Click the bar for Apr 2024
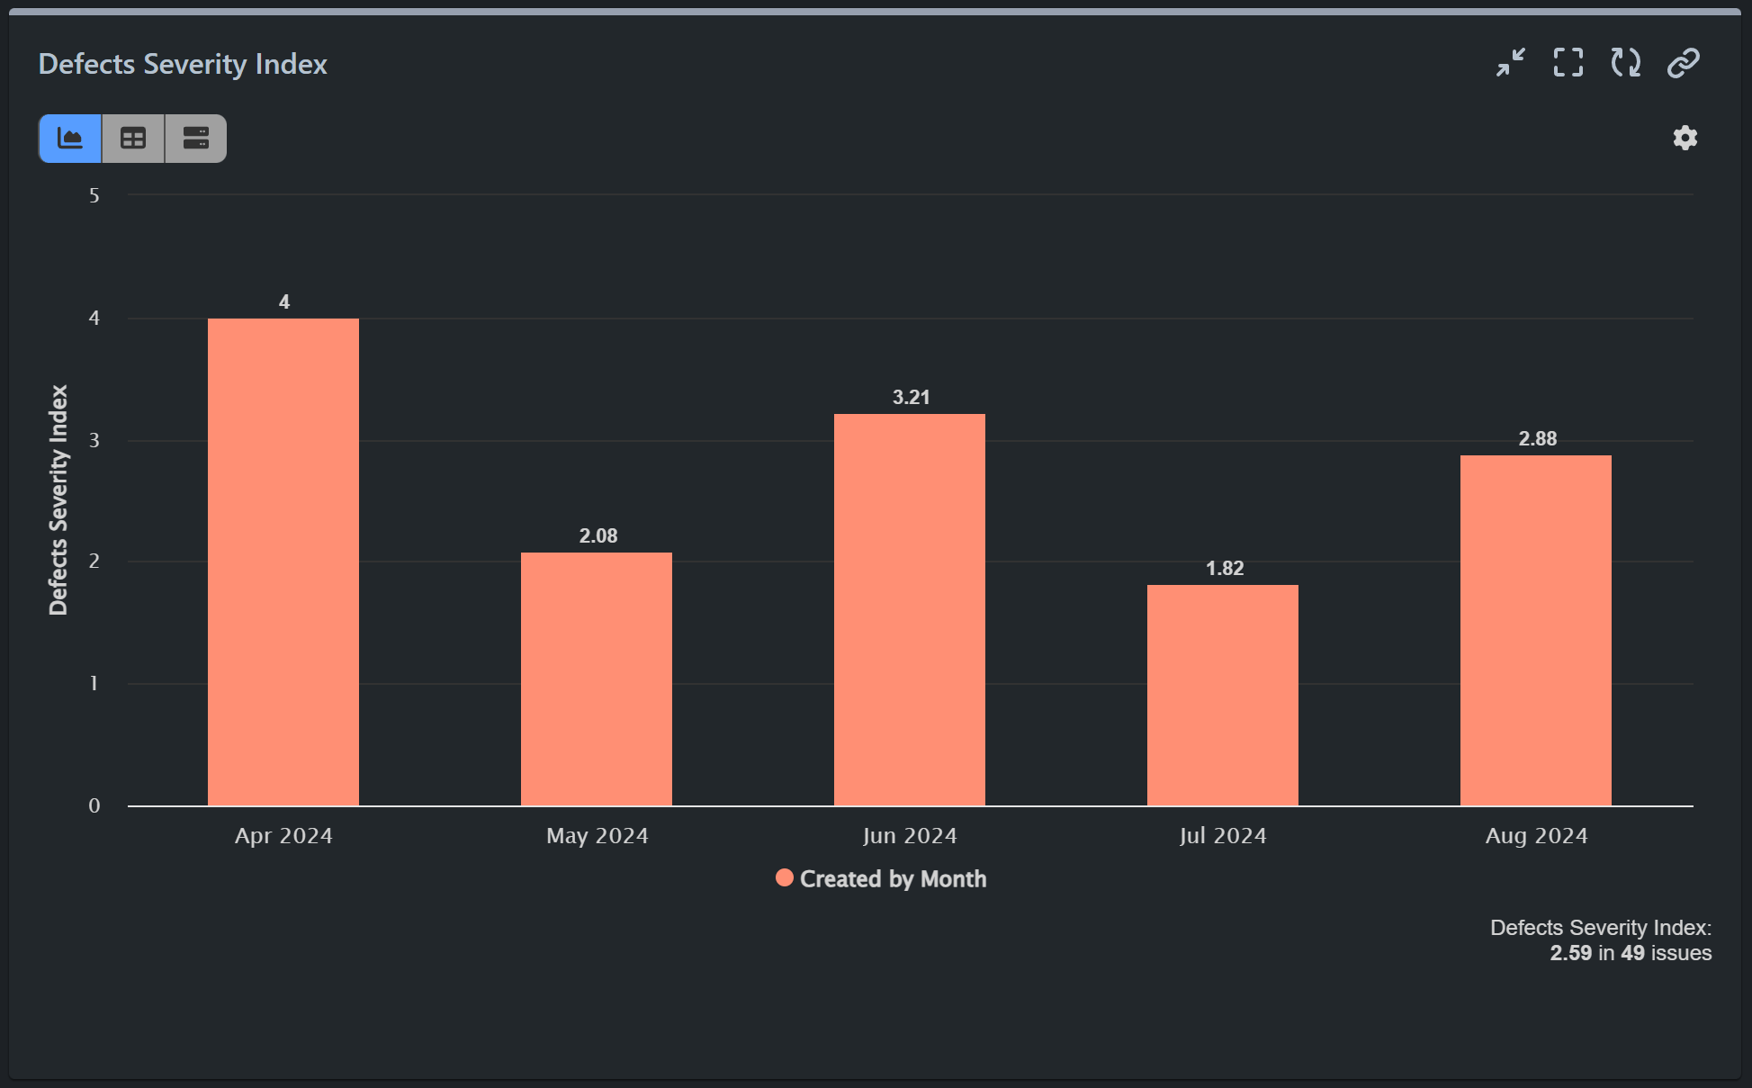click(x=283, y=562)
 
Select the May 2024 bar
click(x=596, y=679)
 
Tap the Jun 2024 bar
click(x=909, y=609)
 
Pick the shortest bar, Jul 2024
click(x=1222, y=695)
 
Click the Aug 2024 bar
click(x=1535, y=630)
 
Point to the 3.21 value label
click(x=911, y=397)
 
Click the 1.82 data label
click(x=1224, y=568)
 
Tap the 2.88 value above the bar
click(x=1537, y=438)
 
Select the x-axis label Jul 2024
click(x=1222, y=835)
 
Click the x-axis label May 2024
click(x=597, y=835)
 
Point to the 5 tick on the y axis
click(x=94, y=195)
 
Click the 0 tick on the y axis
click(x=94, y=805)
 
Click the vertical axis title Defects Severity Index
click(x=58, y=500)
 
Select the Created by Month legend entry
click(x=881, y=878)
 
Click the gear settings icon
click(x=1685, y=138)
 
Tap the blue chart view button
click(x=70, y=139)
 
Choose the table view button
click(x=133, y=139)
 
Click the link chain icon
click(x=1683, y=63)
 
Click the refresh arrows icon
click(x=1625, y=63)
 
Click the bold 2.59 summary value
click(x=1570, y=953)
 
